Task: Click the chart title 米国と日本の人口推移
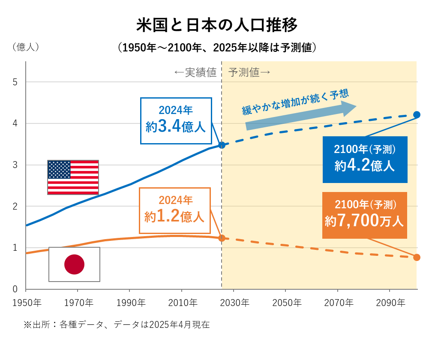217,25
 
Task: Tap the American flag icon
73,177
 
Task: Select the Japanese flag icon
74,264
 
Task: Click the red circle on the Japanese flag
74,264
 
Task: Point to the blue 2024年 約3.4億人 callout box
176,121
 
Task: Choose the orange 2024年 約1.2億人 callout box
175,210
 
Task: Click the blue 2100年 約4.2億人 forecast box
365,159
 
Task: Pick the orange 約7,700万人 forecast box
364,215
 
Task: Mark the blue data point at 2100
417,114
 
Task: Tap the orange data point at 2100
417,257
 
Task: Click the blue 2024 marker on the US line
222,145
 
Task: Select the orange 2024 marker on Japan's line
222,238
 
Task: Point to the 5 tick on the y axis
15,82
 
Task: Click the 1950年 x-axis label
27,303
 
